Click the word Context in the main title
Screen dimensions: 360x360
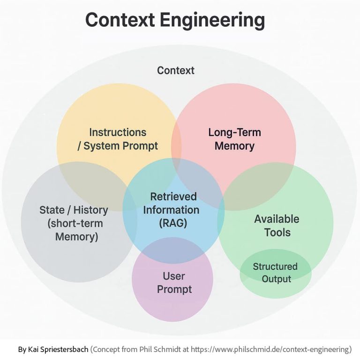click(120, 20)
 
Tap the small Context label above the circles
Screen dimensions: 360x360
click(175, 71)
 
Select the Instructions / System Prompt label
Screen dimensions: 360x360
click(118, 139)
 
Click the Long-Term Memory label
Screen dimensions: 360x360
click(234, 139)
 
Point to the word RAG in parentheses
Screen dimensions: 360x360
click(173, 223)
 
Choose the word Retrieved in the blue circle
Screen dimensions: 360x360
click(173, 196)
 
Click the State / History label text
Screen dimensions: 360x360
click(74, 210)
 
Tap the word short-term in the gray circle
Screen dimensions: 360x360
click(75, 223)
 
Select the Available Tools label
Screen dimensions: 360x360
click(277, 225)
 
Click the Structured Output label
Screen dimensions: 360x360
click(275, 272)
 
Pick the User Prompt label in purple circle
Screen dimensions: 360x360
click(174, 283)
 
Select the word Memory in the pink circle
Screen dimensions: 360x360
click(234, 146)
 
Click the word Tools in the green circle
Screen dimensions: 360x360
click(277, 232)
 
